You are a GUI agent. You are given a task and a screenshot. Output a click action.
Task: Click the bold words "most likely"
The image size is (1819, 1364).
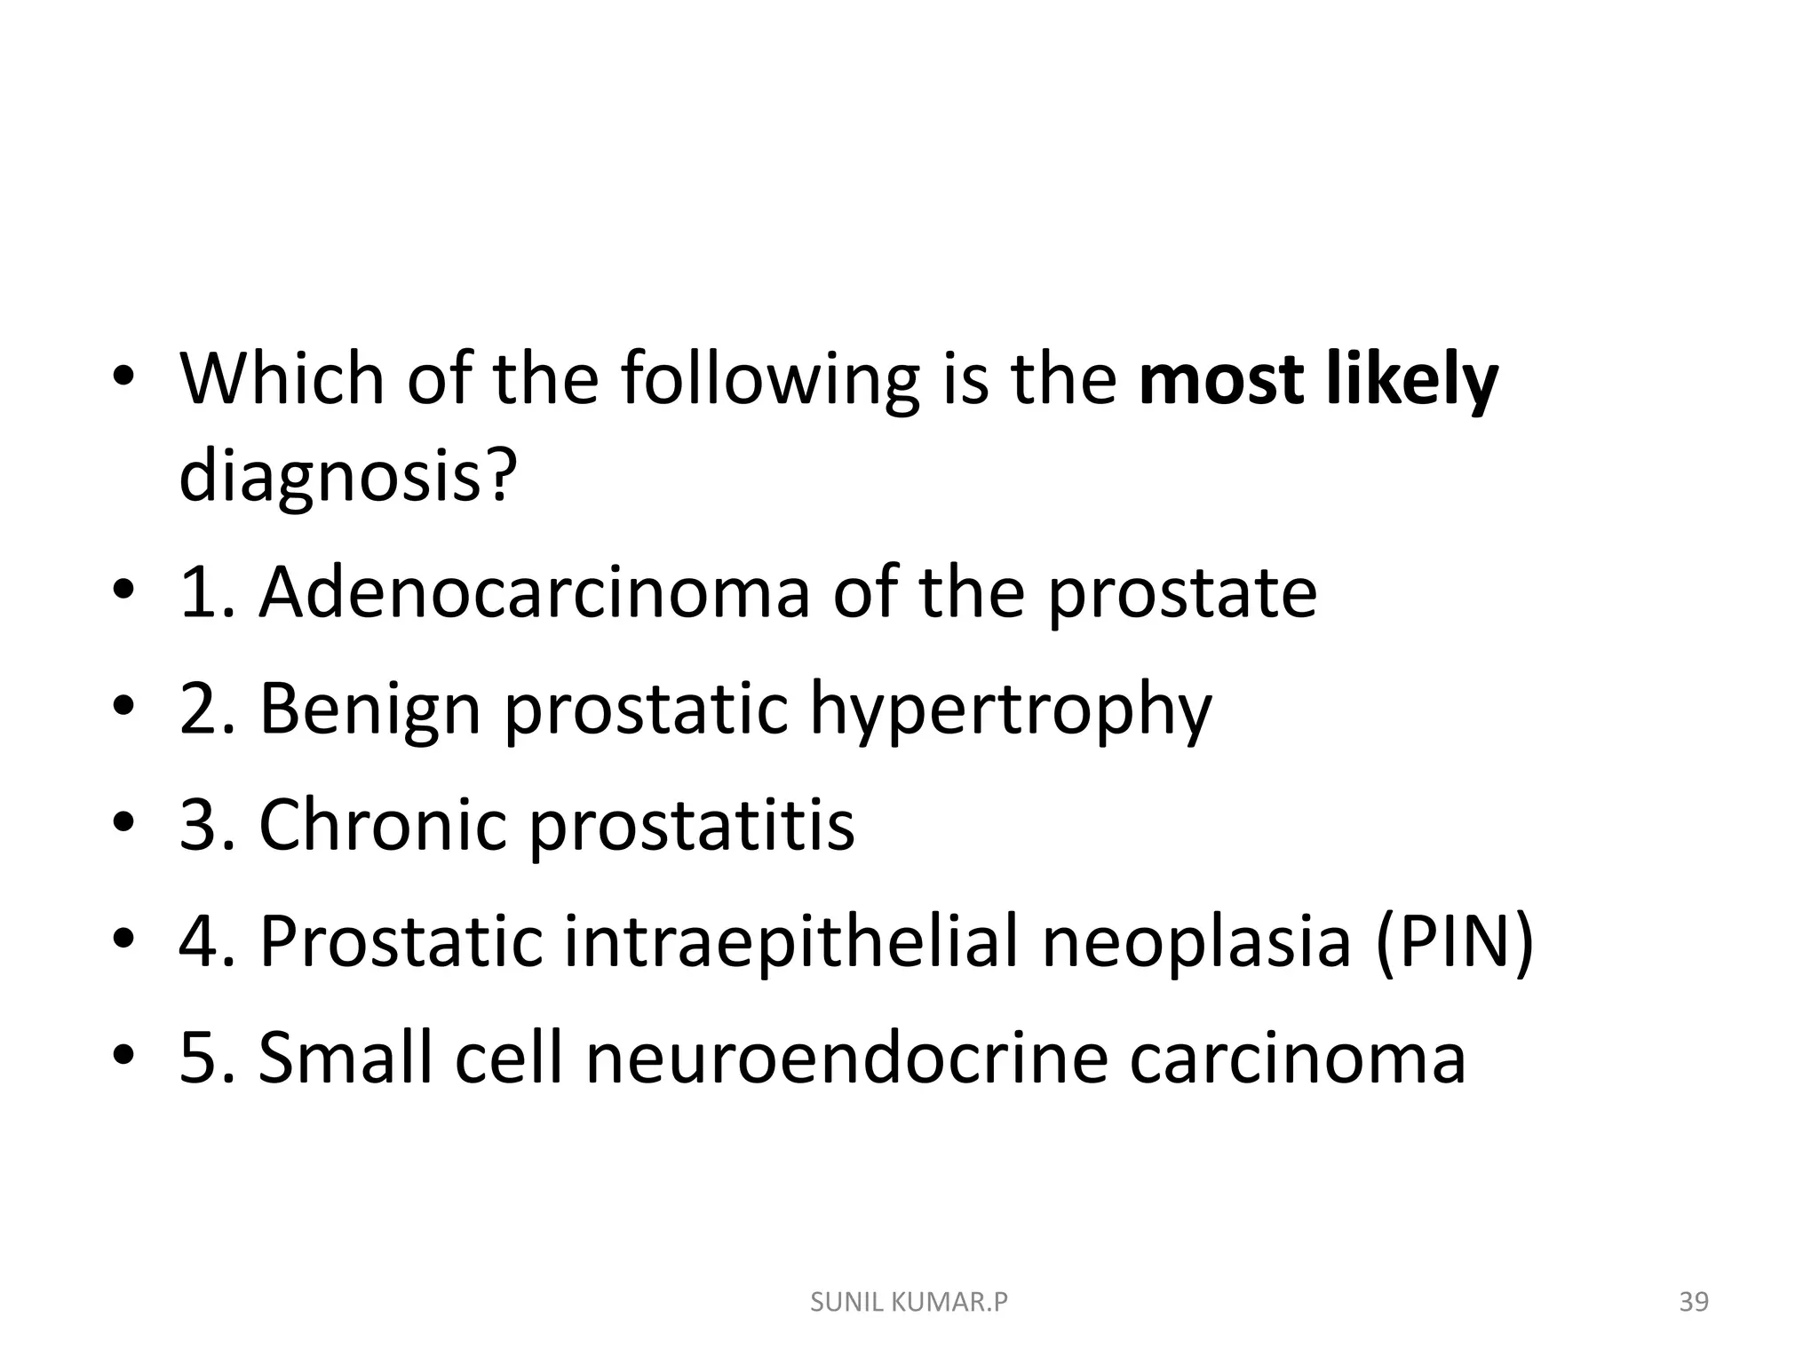point(1318,380)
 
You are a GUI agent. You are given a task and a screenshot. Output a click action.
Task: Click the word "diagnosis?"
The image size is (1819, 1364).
point(347,476)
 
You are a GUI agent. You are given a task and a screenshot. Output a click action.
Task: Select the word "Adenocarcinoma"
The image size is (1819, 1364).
point(534,592)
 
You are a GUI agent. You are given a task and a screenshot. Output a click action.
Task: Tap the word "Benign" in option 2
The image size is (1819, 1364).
point(369,710)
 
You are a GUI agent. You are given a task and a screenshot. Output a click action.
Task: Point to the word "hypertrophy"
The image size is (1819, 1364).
point(1010,710)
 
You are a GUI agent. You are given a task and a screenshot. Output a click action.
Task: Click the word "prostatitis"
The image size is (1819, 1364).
point(692,825)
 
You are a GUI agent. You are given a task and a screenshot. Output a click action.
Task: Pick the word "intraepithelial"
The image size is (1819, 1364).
point(790,942)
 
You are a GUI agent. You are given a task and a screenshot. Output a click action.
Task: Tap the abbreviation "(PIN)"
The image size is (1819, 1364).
point(1454,942)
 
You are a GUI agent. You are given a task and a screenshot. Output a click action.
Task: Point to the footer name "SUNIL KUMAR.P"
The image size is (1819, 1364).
point(909,1303)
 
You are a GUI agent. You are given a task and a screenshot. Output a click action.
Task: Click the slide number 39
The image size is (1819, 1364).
point(1694,1303)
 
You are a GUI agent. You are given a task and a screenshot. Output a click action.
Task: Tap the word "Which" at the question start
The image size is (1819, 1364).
point(282,380)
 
